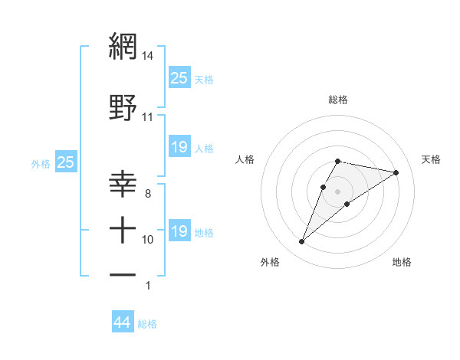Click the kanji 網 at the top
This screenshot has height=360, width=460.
tap(123, 47)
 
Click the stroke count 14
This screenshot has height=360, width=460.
tap(148, 56)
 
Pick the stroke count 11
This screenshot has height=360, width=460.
tap(148, 117)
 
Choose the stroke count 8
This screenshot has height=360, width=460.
tap(148, 194)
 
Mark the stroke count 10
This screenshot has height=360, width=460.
tap(148, 240)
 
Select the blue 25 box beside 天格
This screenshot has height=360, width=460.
tap(179, 77)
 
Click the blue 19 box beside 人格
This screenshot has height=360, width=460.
tap(179, 147)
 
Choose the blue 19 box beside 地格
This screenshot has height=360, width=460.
tap(179, 231)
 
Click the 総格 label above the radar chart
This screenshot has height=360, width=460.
tap(338, 100)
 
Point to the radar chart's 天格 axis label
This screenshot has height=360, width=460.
tap(431, 159)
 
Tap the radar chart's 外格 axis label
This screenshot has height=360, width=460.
tap(270, 262)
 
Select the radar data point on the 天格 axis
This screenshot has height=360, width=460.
tap(396, 172)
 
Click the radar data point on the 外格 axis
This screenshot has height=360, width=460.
tap(301, 242)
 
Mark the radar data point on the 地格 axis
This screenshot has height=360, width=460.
tap(347, 204)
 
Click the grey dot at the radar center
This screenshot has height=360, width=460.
tap(338, 191)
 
